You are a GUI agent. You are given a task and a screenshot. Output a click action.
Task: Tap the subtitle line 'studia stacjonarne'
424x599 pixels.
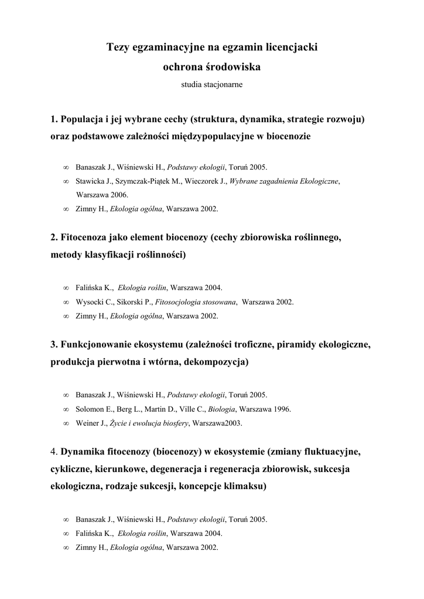(x=211, y=84)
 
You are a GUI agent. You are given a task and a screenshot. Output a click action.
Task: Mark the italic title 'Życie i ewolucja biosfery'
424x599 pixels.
(x=149, y=423)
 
